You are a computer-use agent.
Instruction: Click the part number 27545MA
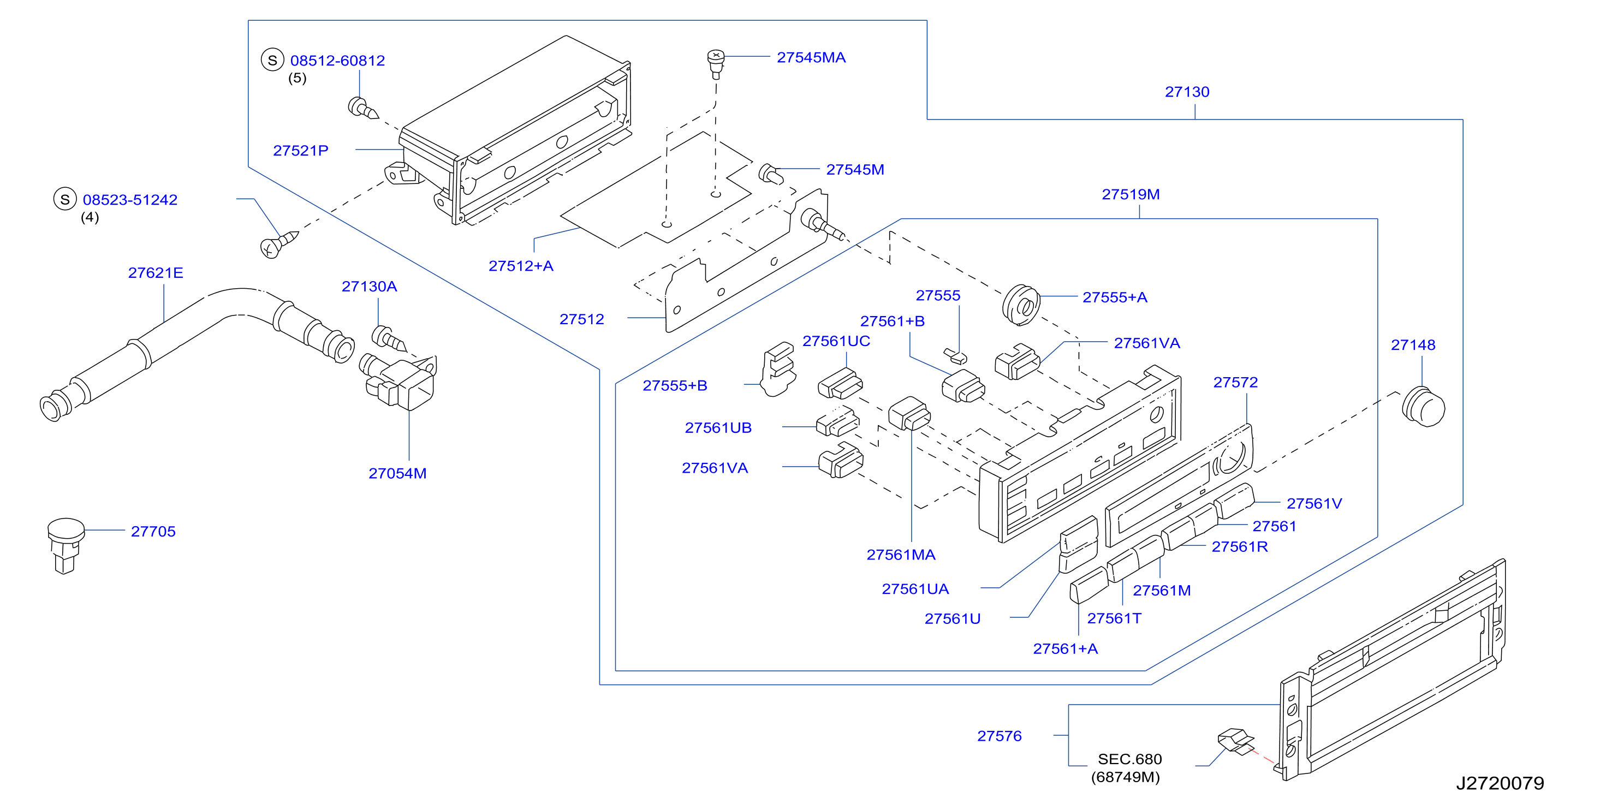[x=811, y=57]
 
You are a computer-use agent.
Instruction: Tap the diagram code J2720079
[x=1500, y=783]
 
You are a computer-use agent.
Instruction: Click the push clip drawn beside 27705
[x=66, y=544]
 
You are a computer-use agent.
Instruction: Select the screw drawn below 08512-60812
[x=363, y=108]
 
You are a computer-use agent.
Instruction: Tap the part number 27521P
[x=300, y=150]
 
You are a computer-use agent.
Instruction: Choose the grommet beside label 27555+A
[x=1021, y=305]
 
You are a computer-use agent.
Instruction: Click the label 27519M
[x=1131, y=194]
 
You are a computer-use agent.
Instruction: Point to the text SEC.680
[x=1129, y=759]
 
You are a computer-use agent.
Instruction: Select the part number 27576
[x=999, y=736]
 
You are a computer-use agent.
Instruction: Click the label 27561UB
[x=718, y=428]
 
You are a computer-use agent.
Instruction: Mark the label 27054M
[x=397, y=473]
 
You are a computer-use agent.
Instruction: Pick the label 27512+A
[x=521, y=266]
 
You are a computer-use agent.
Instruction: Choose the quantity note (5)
[x=298, y=78]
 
